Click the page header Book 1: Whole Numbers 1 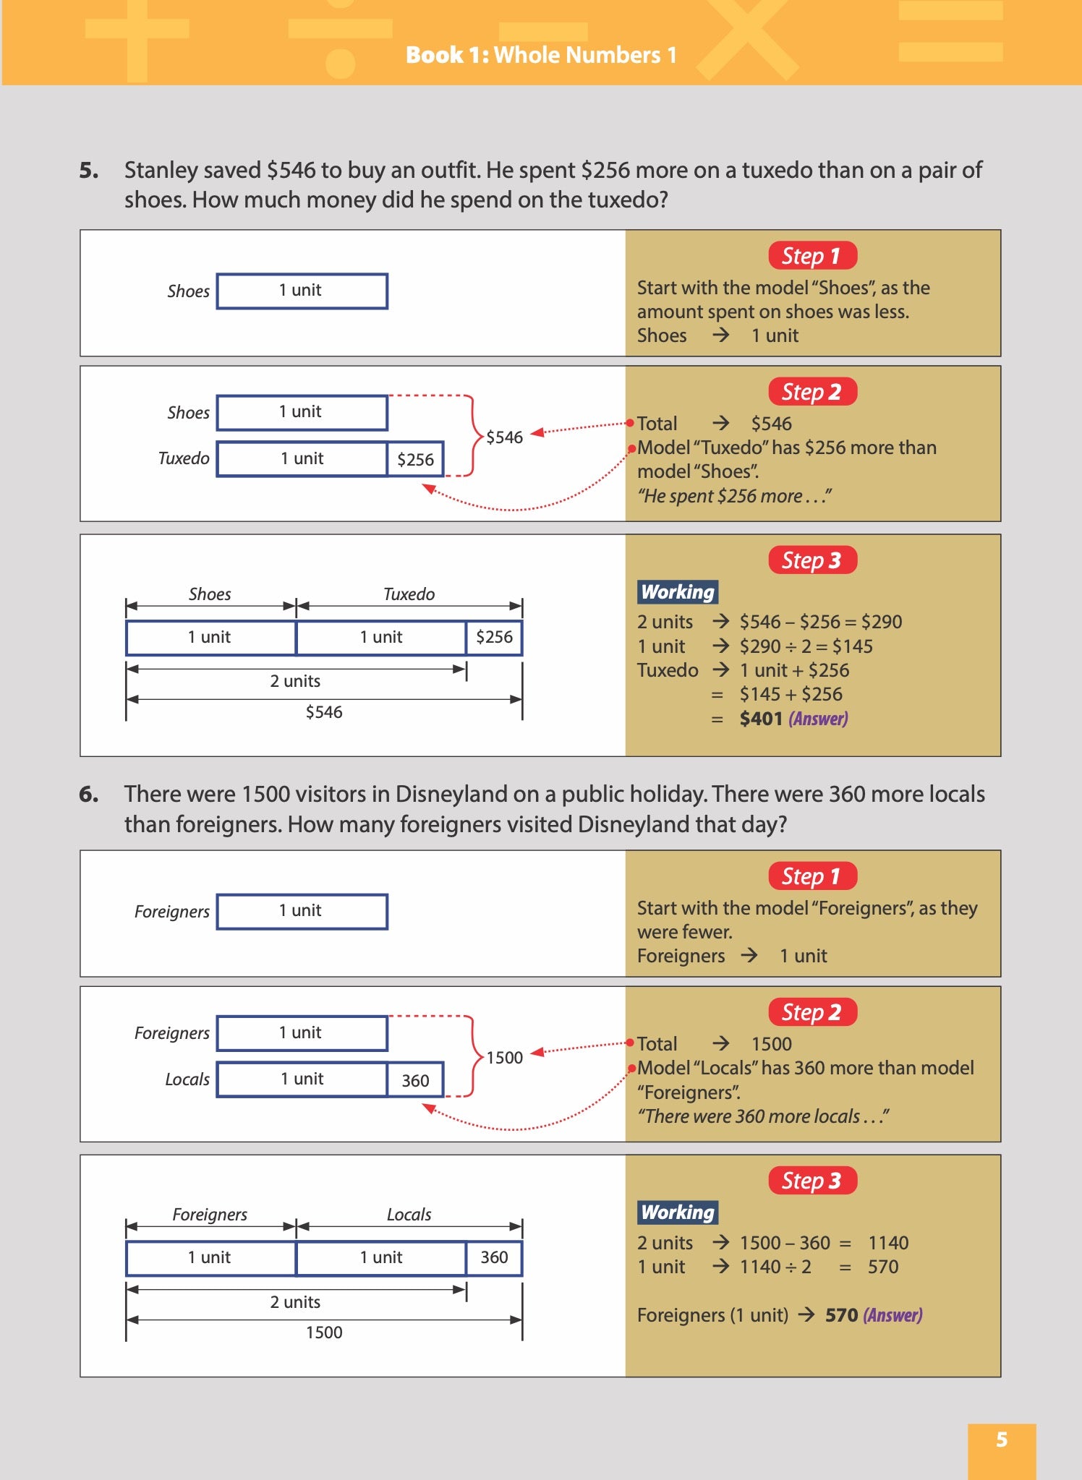(x=541, y=55)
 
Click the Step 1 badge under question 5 (x=812, y=256)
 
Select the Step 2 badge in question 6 (x=812, y=1012)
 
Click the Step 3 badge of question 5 (x=812, y=560)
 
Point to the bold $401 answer (x=760, y=719)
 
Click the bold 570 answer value (x=841, y=1315)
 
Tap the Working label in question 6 (x=678, y=1212)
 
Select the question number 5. (x=89, y=171)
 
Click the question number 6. (x=89, y=795)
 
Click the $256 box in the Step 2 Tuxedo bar (x=415, y=460)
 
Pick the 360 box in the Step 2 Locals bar (x=415, y=1080)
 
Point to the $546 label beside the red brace (x=504, y=437)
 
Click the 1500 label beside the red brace (x=504, y=1058)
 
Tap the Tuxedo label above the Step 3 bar (x=409, y=594)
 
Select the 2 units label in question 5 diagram (x=295, y=681)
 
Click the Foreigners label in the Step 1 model (x=171, y=912)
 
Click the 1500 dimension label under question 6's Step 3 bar (x=323, y=1333)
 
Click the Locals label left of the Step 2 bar (x=187, y=1079)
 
